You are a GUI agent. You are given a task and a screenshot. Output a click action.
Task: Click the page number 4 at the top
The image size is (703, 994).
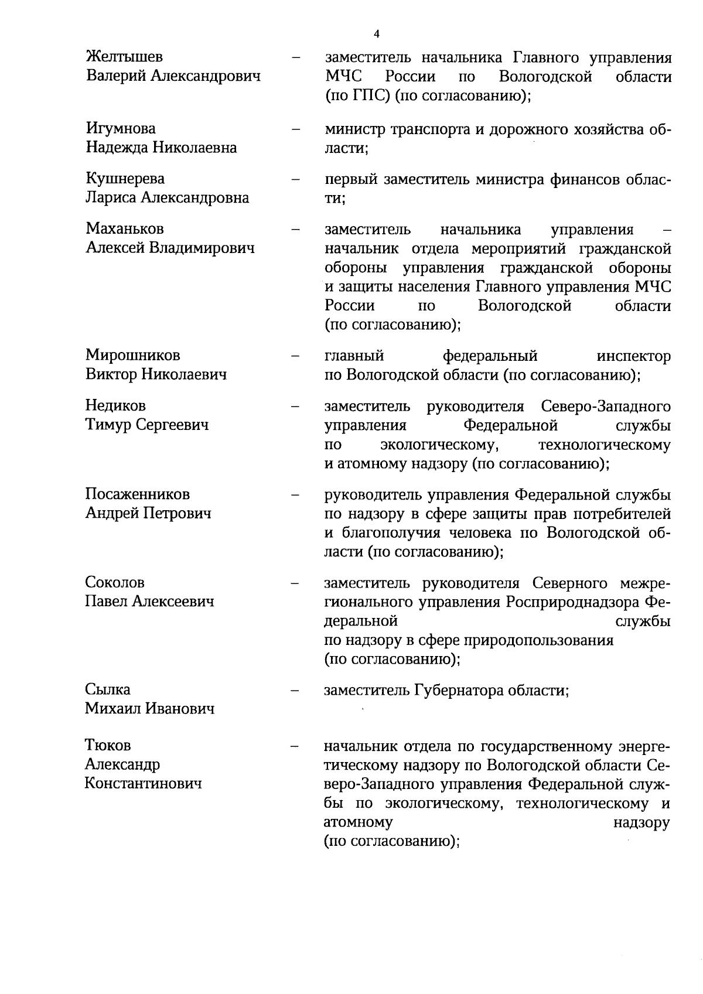click(x=376, y=34)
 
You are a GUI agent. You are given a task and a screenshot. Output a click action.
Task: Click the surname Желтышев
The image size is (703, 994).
click(x=124, y=57)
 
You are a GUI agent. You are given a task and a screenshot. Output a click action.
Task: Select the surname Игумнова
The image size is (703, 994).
click(x=121, y=128)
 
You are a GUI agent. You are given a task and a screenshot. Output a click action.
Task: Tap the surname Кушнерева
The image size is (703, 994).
click(x=125, y=178)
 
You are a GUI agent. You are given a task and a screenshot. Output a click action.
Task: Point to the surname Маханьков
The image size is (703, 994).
click(x=125, y=228)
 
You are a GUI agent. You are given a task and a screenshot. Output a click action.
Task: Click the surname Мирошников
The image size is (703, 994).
click(x=132, y=355)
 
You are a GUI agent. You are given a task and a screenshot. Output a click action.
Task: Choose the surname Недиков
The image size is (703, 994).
click(x=115, y=405)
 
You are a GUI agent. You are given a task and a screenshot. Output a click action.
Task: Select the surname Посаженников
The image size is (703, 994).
click(x=137, y=494)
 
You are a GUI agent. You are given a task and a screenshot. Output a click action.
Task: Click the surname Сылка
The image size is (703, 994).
click(x=108, y=689)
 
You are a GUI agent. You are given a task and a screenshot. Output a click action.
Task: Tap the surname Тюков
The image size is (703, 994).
click(x=108, y=745)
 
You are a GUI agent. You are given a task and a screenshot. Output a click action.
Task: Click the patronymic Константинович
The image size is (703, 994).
click(x=144, y=783)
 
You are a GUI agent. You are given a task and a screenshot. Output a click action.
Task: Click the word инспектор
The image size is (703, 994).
click(x=634, y=356)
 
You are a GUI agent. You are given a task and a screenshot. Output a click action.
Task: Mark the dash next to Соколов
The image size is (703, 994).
click(x=296, y=583)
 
